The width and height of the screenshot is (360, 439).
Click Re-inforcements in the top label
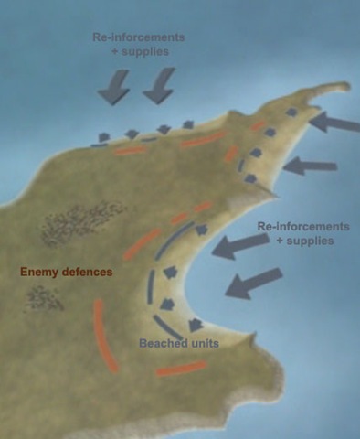tap(139, 37)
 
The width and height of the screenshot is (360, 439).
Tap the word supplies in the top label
tap(145, 51)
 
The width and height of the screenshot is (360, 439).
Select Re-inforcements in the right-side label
tap(303, 226)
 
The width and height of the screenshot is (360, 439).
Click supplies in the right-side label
tap(310, 241)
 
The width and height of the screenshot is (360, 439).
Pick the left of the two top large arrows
tap(114, 87)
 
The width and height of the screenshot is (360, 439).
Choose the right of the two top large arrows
tap(159, 86)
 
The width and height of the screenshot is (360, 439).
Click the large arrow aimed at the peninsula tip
tap(334, 123)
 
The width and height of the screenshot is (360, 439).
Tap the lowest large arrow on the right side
tap(253, 284)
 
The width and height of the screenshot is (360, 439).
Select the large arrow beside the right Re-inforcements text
tap(240, 245)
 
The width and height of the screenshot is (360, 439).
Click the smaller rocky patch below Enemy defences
tap(44, 298)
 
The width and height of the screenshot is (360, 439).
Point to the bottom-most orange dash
tap(181, 368)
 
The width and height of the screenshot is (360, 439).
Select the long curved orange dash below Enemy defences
tap(105, 336)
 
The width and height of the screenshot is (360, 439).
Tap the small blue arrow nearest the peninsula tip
tap(291, 112)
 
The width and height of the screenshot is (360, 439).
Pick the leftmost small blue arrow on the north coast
tap(103, 137)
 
